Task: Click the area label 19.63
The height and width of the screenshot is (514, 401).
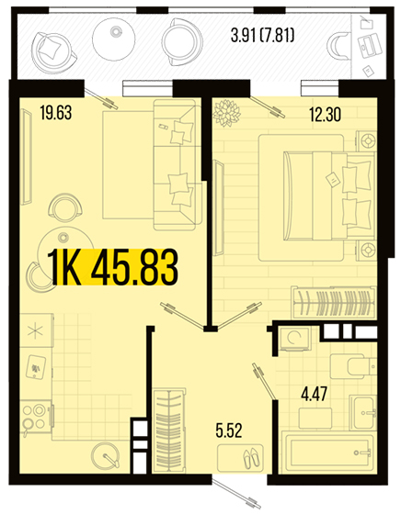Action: pos(55,112)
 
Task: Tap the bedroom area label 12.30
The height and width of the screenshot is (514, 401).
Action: pos(326,115)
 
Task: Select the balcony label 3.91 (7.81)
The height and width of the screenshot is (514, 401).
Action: pos(262,36)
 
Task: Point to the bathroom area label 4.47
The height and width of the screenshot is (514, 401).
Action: pos(314,394)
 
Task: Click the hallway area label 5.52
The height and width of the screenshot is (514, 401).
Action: pos(229,430)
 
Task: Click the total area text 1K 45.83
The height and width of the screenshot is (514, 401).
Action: pos(113,266)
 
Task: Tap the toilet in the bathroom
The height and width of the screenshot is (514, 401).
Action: pos(353,366)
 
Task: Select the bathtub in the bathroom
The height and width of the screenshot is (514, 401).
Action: pos(328,453)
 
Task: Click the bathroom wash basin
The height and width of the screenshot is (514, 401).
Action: pos(363,412)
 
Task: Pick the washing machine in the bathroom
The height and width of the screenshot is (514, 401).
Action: pos(294,339)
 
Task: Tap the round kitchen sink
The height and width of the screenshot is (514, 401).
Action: pos(105,457)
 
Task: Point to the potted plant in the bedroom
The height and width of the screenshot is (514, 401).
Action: pos(226,113)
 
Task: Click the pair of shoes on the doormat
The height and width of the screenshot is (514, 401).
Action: pos(252,458)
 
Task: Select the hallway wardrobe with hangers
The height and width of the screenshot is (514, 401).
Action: pos(168,430)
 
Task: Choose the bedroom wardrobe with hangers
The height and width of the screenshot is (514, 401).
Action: pos(334,302)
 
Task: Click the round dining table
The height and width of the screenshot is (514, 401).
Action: pos(65,246)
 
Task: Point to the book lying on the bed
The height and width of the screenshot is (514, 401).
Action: pos(332,180)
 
